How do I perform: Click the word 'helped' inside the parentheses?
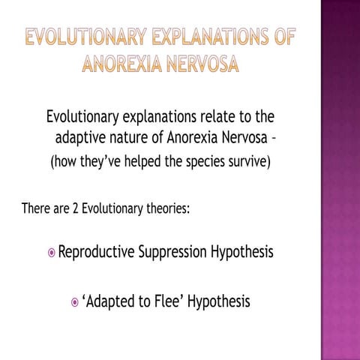point(148,163)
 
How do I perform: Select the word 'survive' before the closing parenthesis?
point(248,163)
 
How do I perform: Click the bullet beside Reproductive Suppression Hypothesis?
point(51,253)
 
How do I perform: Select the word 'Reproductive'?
point(96,252)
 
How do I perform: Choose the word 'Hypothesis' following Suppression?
point(241,252)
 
